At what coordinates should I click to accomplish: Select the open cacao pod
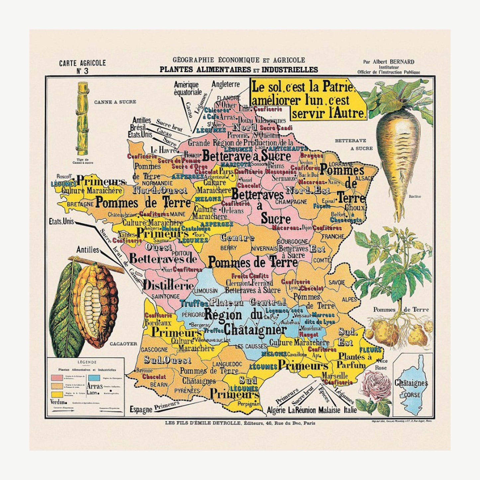tap(95, 304)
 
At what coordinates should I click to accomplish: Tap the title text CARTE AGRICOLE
tap(82, 63)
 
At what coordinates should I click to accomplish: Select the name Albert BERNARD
tap(393, 62)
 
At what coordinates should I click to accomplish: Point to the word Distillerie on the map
tap(168, 285)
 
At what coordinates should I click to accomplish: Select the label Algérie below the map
tap(276, 410)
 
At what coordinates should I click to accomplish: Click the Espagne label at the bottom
tap(141, 409)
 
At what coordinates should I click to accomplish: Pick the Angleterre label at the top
tap(226, 84)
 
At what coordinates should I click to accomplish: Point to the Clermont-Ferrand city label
tap(249, 283)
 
